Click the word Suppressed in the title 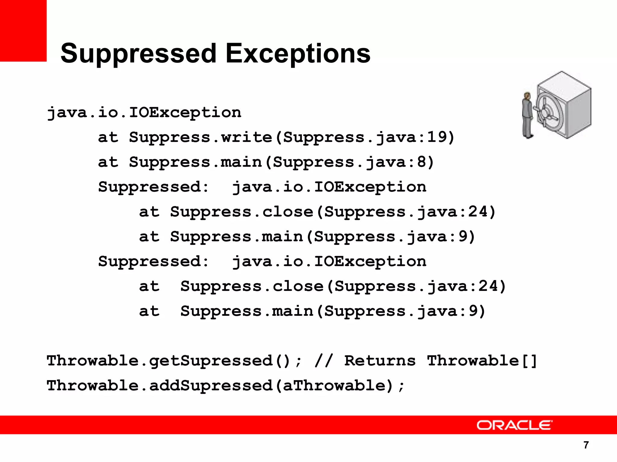pyautogui.click(x=138, y=54)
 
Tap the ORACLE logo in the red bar pyautogui.click(x=514, y=425)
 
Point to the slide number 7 pyautogui.click(x=586, y=445)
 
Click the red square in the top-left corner pyautogui.click(x=23, y=30)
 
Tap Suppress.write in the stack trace pyautogui.click(x=200, y=137)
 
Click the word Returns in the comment pyautogui.click(x=380, y=361)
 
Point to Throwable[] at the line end pyautogui.click(x=482, y=361)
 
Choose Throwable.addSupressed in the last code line pyautogui.click(x=160, y=386)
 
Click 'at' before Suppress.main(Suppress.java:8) pyautogui.click(x=108, y=162)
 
